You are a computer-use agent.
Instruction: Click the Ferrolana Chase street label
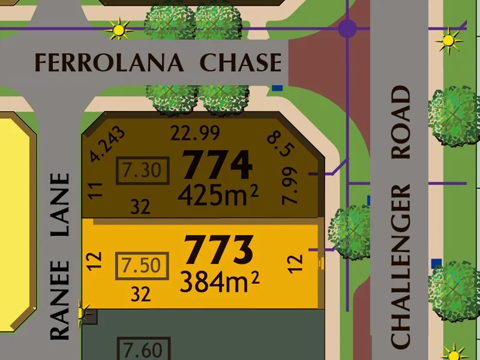pos(158,62)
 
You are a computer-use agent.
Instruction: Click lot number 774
pos(217,164)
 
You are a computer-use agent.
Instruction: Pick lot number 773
pos(218,250)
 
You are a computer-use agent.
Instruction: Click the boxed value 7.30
pos(142,171)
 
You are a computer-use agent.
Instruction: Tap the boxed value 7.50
pos(142,265)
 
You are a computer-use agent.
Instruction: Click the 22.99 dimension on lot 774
pos(195,133)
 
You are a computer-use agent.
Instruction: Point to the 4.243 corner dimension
pos(108,145)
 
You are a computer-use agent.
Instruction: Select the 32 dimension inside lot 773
pos(140,294)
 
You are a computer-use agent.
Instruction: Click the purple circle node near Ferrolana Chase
pos(347,28)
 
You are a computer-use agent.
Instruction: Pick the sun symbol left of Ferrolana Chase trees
pos(118,28)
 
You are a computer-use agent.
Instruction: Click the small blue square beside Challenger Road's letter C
pos(436,263)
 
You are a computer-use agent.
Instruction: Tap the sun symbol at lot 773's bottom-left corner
pos(83,313)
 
